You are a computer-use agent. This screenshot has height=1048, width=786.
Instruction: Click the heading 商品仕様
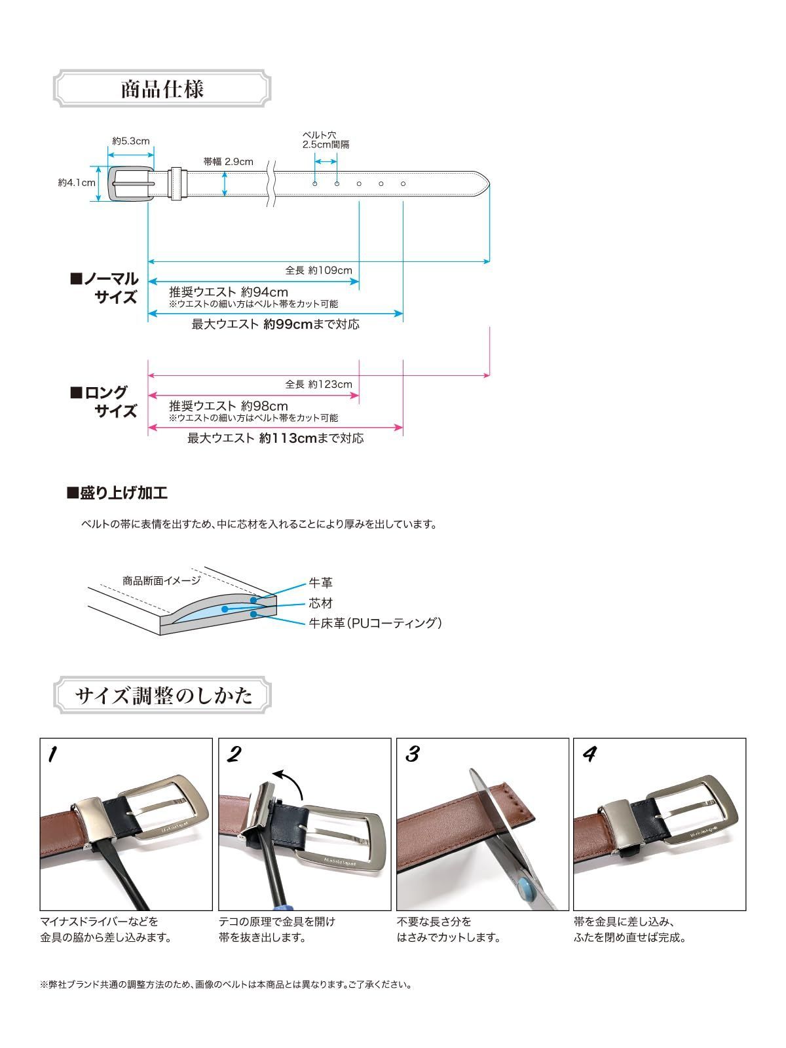tap(162, 88)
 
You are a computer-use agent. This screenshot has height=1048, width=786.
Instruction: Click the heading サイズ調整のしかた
tap(163, 695)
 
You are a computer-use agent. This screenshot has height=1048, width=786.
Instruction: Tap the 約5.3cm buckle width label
tap(131, 141)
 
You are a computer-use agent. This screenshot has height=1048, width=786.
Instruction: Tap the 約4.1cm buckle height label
tap(77, 183)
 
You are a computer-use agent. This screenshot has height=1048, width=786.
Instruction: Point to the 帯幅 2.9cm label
tap(228, 162)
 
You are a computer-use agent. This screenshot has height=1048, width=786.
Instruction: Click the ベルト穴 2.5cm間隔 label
tap(326, 140)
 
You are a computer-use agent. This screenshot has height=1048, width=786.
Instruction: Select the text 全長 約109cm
tap(318, 270)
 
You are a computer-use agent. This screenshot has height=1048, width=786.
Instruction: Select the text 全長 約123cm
tap(318, 384)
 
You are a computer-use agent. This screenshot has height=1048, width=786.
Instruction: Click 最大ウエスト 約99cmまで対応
tap(275, 324)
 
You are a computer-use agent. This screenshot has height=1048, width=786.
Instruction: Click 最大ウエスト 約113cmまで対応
tap(275, 438)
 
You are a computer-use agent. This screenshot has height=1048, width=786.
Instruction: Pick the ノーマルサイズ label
tap(105, 288)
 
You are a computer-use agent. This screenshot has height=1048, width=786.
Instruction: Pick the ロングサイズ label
tap(105, 402)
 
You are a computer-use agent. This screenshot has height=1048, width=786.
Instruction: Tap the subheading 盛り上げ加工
tap(117, 493)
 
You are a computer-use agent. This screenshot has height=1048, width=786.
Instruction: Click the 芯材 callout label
tap(321, 603)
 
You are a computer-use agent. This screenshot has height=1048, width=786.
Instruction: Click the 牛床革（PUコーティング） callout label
tap(375, 623)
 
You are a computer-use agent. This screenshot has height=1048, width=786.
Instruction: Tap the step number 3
tap(412, 755)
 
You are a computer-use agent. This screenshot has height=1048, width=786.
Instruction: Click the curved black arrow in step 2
tap(288, 779)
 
